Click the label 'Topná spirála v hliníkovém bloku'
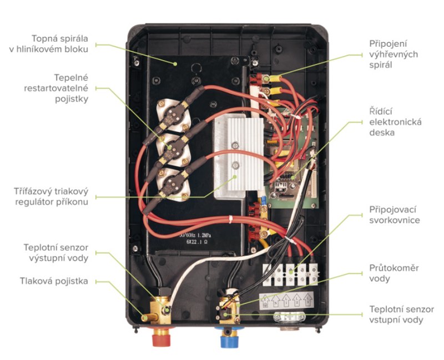54,44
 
